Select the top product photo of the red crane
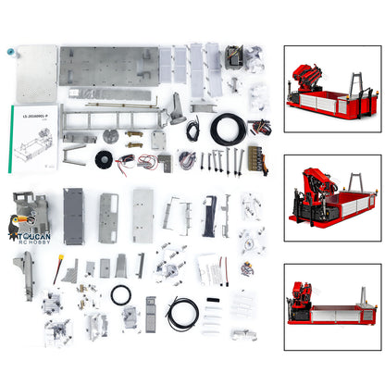click(x=329, y=84)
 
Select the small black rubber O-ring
click(x=120, y=295)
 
